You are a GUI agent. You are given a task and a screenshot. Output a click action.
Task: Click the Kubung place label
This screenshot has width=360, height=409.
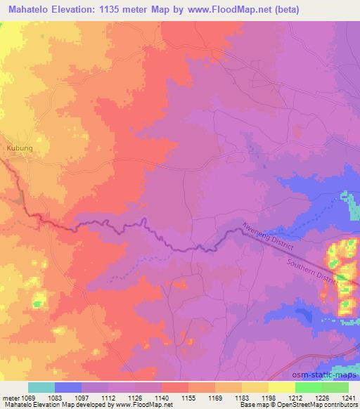point(20,148)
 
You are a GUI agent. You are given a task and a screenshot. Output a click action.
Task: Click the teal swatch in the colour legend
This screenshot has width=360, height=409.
point(41,387)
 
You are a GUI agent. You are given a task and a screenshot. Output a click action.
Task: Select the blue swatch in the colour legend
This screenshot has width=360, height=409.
point(68,387)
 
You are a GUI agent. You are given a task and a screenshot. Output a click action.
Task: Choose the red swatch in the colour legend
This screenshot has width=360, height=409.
point(175,387)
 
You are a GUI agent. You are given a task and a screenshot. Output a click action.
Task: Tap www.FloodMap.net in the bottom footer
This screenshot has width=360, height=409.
point(143,405)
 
